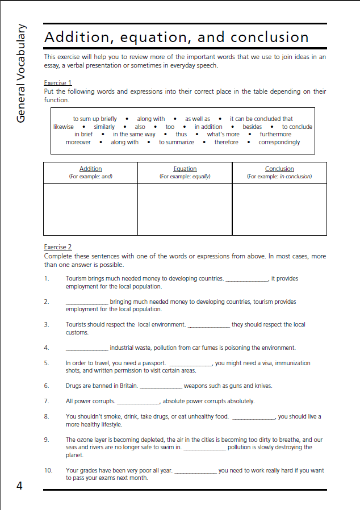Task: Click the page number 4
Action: [19, 486]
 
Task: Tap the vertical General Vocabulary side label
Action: [21, 73]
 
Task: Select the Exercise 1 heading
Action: [58, 82]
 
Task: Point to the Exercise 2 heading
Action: [58, 247]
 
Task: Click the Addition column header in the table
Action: [90, 169]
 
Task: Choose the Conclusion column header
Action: [279, 169]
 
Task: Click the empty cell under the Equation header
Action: [185, 208]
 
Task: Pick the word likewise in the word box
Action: [64, 127]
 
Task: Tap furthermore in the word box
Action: [275, 135]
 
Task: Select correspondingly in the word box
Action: [279, 142]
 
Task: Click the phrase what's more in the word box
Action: [223, 135]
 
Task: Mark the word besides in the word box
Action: [253, 127]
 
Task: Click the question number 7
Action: [47, 401]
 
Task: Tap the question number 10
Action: [48, 470]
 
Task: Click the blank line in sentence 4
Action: [87, 348]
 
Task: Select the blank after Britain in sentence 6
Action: [161, 386]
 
